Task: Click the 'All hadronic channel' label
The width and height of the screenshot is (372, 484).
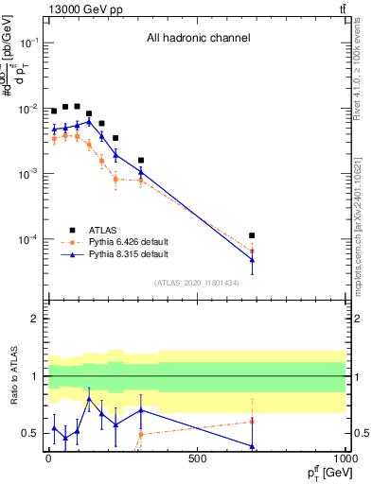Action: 198,38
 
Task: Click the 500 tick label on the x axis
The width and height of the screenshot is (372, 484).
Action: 197,459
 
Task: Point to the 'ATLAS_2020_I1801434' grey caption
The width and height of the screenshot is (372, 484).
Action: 198,283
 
